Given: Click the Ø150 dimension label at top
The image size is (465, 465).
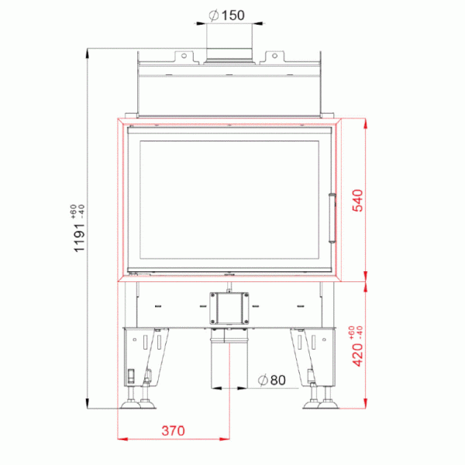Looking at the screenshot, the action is point(227,15).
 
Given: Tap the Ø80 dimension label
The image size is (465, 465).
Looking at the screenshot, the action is point(272,380).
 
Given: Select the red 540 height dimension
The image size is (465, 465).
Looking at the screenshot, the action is point(357,201).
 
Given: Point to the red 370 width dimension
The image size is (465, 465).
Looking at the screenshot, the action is point(173,431).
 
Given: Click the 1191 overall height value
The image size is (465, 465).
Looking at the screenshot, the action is point(79,238).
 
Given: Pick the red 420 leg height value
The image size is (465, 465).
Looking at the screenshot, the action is point(357,355).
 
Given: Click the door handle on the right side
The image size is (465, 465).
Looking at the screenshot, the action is point(332,218).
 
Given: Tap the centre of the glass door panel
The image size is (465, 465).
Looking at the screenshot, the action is point(229,200).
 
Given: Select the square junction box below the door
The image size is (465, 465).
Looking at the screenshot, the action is point(229,308).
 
